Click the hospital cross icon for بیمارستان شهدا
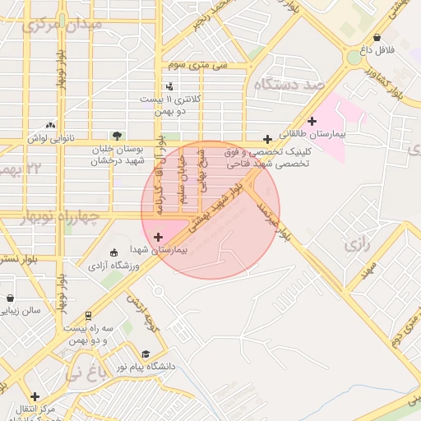158,238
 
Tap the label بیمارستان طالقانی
312,132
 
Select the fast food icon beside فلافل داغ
377,37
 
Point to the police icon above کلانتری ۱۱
170,86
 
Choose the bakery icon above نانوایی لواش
51,125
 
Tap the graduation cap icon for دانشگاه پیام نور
145,354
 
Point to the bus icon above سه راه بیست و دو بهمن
88,315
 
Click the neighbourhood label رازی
356,244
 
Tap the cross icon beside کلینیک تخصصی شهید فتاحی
267,139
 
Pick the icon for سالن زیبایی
9,298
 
